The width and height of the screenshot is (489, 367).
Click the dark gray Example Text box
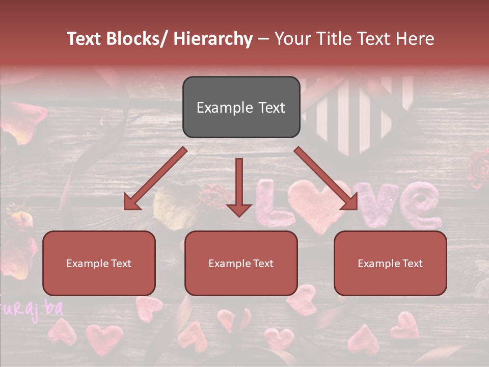click(x=241, y=107)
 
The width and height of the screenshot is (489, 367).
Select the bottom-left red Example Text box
click(x=99, y=263)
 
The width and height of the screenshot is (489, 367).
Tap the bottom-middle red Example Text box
click(x=241, y=263)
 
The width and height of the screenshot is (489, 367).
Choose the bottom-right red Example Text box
click(x=390, y=263)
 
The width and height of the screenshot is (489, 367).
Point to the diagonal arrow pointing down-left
click(x=155, y=178)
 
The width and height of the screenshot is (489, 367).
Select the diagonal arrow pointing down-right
click(x=326, y=178)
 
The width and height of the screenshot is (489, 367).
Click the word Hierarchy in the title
click(x=213, y=39)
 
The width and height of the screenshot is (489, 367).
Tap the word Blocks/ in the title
click(x=133, y=39)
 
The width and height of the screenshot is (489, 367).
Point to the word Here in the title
click(x=415, y=39)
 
